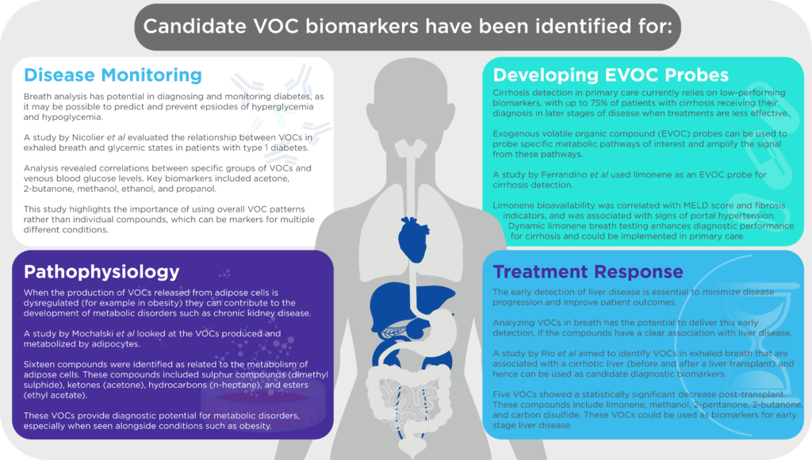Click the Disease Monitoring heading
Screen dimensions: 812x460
pyautogui.click(x=113, y=75)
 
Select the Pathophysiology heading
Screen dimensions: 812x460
pyautogui.click(x=101, y=272)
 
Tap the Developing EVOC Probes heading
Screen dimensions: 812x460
pyautogui.click(x=611, y=75)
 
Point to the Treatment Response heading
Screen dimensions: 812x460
pyautogui.click(x=588, y=271)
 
